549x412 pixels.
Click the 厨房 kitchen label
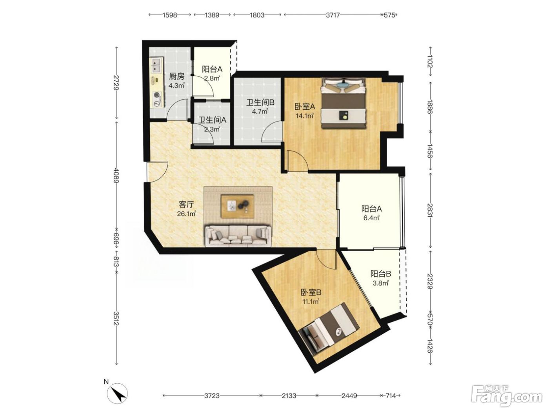tap(176, 76)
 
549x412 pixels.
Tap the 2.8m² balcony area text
tap(212, 78)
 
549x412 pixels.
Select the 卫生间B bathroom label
tap(260, 102)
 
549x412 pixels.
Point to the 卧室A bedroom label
tap(305, 107)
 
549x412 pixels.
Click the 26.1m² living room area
tap(186, 214)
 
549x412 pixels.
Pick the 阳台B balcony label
tap(381, 274)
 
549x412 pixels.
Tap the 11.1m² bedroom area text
tap(311, 302)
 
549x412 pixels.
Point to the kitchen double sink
tap(156, 65)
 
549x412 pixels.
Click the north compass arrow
tap(117, 396)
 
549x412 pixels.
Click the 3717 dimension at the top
tap(333, 15)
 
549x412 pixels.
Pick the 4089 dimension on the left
tap(116, 175)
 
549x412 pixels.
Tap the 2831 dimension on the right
tap(430, 210)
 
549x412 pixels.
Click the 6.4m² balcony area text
tap(371, 218)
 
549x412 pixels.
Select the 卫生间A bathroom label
tap(213, 120)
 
